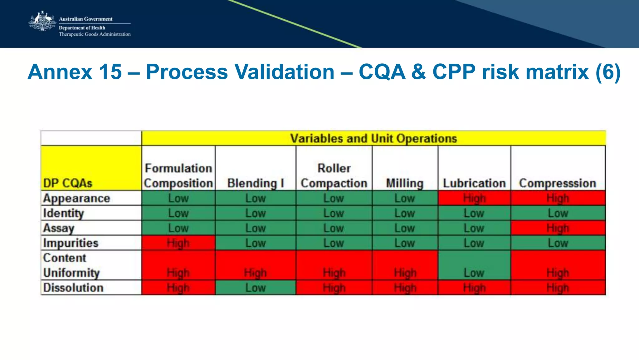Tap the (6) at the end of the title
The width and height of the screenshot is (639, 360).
(x=608, y=72)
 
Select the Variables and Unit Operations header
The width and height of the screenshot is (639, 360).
(x=373, y=138)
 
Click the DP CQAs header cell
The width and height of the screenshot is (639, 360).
(x=68, y=183)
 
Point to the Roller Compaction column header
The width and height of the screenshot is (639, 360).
(x=334, y=175)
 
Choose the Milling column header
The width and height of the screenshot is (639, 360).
(x=405, y=183)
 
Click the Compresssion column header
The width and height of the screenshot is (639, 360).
(x=558, y=183)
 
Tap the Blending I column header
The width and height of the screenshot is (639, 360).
(x=256, y=183)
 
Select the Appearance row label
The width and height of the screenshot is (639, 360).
(x=77, y=198)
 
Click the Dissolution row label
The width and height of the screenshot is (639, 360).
(x=73, y=288)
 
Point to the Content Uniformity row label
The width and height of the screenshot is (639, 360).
(x=71, y=265)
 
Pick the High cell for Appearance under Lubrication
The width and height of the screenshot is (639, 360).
(x=474, y=198)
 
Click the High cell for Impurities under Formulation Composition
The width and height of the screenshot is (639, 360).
(x=178, y=243)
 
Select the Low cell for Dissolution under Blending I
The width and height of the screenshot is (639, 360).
(x=256, y=288)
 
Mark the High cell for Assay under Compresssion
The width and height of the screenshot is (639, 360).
(x=558, y=228)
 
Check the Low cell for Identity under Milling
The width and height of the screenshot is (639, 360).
(x=405, y=213)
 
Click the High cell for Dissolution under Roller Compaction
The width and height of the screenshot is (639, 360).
(x=334, y=288)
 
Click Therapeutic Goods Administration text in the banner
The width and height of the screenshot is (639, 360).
(x=95, y=34)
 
